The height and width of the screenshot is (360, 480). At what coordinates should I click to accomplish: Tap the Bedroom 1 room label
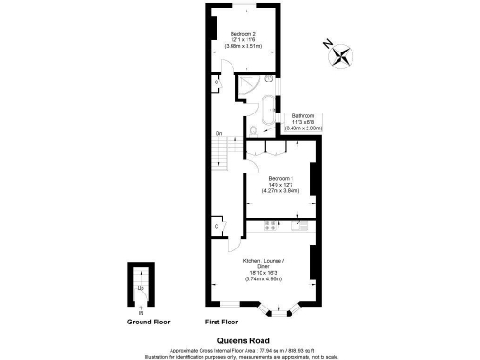(x=281, y=184)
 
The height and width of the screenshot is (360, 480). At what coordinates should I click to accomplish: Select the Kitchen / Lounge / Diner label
(x=269, y=268)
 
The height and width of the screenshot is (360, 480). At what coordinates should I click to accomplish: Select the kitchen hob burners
(x=271, y=225)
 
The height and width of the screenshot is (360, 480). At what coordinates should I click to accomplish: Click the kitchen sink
(x=302, y=225)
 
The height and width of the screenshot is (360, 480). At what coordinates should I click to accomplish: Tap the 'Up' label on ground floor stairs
(x=141, y=288)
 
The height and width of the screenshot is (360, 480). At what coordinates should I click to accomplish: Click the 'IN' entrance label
(x=141, y=312)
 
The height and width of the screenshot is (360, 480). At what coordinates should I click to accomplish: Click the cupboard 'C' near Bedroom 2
(x=217, y=82)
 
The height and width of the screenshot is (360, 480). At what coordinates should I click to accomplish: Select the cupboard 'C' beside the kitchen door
(x=217, y=227)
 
